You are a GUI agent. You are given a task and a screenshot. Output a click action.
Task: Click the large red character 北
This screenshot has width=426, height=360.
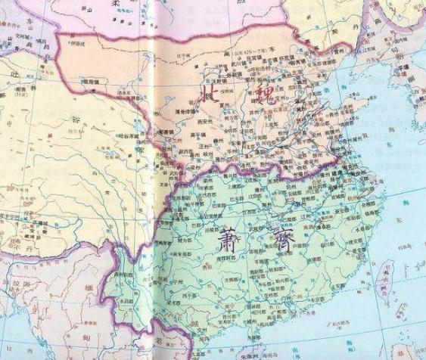210,95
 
